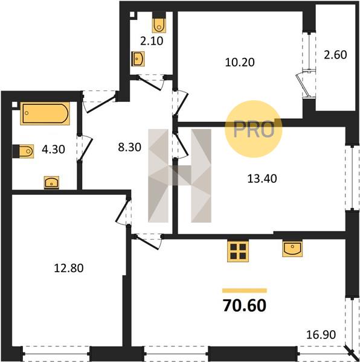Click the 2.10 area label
click(152, 41)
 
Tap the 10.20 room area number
click(240, 62)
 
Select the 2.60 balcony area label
click(335, 55)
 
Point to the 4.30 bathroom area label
click(53, 150)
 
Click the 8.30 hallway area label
click(129, 147)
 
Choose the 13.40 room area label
click(262, 179)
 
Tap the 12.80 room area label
click(69, 268)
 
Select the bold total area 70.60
click(245, 305)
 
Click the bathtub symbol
click(45, 113)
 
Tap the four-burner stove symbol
click(238, 251)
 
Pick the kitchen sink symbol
click(292, 249)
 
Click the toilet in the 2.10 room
click(159, 23)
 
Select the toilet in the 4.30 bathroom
click(23, 151)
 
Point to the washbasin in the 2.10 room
click(138, 59)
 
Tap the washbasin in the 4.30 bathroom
click(51, 183)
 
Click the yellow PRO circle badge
click(254, 129)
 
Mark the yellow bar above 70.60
click(245, 291)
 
